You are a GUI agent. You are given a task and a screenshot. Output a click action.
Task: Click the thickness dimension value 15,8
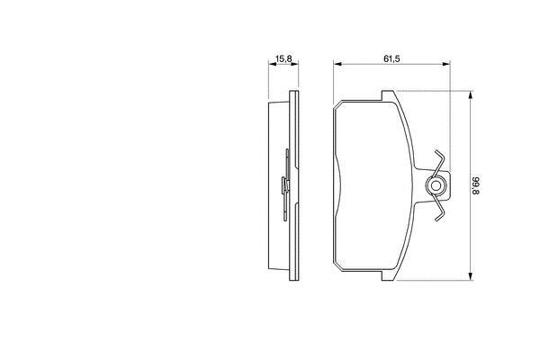coord(283,58)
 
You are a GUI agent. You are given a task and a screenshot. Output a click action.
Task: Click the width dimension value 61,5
coord(391,58)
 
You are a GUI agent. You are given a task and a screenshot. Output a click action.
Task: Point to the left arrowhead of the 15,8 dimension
coord(272,64)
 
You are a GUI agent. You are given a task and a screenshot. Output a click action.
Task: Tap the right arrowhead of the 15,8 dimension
coord(295,64)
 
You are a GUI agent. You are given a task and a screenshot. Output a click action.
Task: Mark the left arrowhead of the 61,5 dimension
coord(337,64)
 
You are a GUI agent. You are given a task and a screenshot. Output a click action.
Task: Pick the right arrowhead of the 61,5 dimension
coord(446,64)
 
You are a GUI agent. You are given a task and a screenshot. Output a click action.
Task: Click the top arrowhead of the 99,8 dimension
coord(470,95)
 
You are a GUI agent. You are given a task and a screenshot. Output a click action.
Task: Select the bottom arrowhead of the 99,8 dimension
coord(470,276)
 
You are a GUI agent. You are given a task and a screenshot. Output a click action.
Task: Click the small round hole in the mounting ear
coord(436,186)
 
